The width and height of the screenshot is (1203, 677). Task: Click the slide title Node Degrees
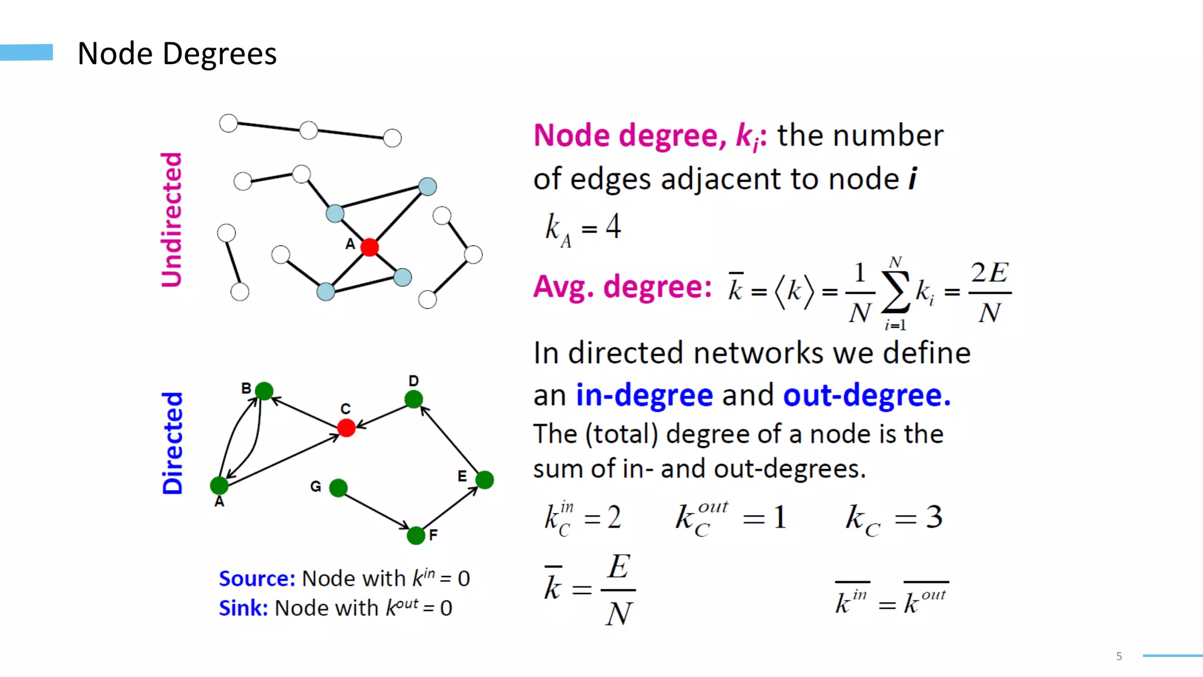coord(177,54)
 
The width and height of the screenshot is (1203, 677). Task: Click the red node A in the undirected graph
coord(369,247)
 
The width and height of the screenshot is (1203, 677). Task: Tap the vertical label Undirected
coord(172,220)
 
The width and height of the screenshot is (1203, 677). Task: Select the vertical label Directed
coord(172,443)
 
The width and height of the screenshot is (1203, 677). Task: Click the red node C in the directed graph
coord(347,428)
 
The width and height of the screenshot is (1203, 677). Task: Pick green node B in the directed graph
coord(264,391)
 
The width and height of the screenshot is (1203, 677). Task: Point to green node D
coord(414,400)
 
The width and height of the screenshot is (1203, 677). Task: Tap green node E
coord(485,480)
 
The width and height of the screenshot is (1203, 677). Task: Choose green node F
coord(416,535)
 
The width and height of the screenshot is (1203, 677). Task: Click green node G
coord(338,488)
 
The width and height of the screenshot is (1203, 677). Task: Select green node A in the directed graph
coord(219,485)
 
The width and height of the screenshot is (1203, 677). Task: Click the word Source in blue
coord(256,579)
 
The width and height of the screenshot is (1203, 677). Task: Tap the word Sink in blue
coord(243,608)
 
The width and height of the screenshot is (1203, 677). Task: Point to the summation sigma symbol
coord(896,292)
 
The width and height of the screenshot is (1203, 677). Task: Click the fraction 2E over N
coord(990,292)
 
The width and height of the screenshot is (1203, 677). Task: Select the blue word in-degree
coord(644,395)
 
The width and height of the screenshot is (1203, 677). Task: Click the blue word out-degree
coord(866,395)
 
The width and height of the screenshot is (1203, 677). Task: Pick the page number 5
coord(1119,656)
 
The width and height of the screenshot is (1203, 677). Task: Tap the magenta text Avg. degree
coord(622,287)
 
